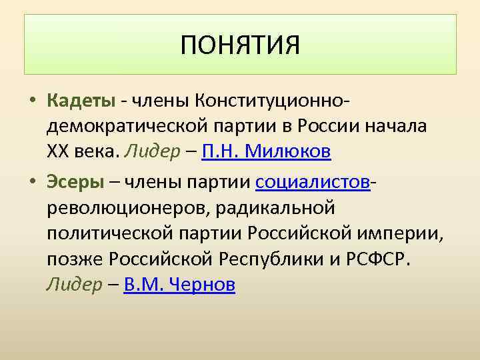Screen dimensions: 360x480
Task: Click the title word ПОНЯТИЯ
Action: pos(240,45)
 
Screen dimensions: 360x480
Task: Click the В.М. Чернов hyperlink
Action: pos(179,285)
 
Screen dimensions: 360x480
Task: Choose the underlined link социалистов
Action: pos(313,181)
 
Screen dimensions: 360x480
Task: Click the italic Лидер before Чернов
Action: pos(73,285)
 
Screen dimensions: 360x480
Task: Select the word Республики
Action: pos(262,259)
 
